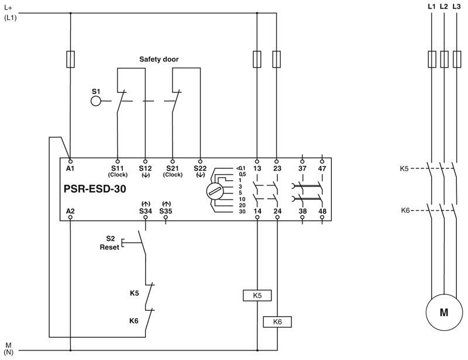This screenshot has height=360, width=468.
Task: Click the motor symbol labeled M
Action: tap(443, 313)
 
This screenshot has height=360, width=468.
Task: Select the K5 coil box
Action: tap(257, 295)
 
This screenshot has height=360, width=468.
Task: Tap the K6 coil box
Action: tap(277, 321)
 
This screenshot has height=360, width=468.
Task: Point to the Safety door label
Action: tap(159, 60)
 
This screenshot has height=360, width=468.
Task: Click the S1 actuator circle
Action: tap(96, 101)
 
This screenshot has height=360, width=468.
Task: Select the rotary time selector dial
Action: tap(214, 191)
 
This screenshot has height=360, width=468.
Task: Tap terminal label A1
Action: tap(71, 168)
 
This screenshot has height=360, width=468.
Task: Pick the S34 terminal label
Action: tap(145, 210)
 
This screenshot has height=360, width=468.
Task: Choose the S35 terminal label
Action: tap(166, 210)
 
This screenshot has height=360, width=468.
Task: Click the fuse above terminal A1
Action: tap(71, 59)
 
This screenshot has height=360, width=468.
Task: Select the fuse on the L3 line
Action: tap(456, 59)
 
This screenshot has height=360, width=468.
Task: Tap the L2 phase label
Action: tap(443, 6)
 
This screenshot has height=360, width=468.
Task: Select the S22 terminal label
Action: tap(200, 168)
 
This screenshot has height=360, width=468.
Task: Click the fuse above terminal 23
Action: tap(277, 59)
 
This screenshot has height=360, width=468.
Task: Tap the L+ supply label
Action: tap(8, 8)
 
